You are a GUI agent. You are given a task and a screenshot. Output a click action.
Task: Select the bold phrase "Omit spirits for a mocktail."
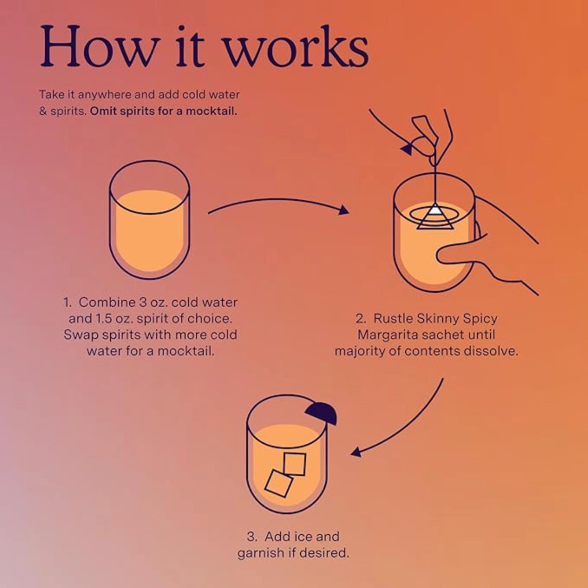tap(163, 111)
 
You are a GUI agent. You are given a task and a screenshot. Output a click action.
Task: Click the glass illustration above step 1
tap(149, 220)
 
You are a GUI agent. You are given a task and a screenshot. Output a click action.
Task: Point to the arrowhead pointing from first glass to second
tap(344, 210)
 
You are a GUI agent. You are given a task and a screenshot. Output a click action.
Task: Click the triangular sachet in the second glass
tap(435, 218)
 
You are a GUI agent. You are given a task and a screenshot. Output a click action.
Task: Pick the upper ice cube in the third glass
tap(295, 464)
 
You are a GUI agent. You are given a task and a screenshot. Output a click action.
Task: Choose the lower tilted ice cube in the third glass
tap(279, 483)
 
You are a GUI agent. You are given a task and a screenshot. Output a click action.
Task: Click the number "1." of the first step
tap(67, 302)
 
